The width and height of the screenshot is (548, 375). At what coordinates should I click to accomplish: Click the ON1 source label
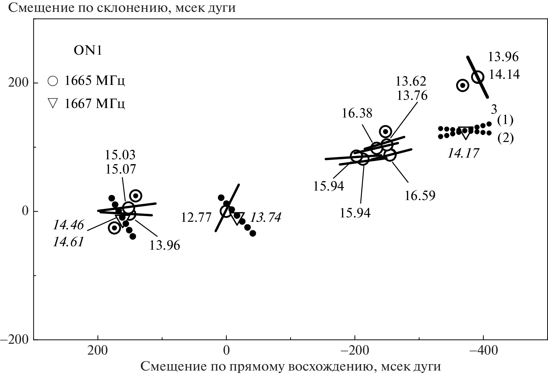click(x=88, y=51)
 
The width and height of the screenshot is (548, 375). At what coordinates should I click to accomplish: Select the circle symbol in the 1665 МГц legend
click(x=53, y=81)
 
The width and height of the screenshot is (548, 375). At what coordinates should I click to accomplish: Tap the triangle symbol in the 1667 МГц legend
click(x=53, y=103)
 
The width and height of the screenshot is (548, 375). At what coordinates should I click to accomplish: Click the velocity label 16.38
click(x=357, y=113)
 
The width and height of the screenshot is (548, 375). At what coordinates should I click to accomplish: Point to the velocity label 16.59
click(x=420, y=196)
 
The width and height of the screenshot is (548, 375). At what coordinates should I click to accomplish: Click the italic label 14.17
click(x=463, y=153)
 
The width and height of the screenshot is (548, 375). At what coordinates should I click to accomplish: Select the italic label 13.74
click(x=266, y=218)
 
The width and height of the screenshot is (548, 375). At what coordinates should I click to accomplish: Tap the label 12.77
click(x=196, y=218)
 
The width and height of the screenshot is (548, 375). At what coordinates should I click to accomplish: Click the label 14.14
click(x=504, y=74)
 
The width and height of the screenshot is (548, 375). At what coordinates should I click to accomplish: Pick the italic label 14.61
click(x=68, y=242)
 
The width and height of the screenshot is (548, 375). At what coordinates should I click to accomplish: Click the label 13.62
click(x=411, y=82)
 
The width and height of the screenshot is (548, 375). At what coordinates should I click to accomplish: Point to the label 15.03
click(x=120, y=155)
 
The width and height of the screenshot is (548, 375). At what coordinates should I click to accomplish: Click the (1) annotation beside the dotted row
click(x=505, y=120)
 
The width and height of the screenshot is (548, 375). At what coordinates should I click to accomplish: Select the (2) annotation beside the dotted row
click(x=505, y=138)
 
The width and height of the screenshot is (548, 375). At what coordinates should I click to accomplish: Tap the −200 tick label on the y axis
click(x=15, y=340)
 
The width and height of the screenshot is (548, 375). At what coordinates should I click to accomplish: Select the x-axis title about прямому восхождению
click(x=291, y=367)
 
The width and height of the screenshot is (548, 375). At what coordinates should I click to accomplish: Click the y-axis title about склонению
click(x=122, y=7)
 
